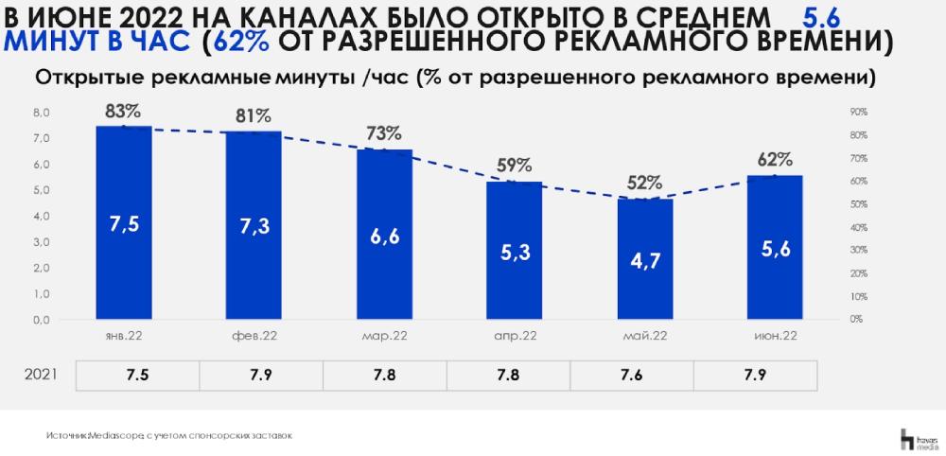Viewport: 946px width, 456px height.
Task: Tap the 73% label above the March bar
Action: coord(384,132)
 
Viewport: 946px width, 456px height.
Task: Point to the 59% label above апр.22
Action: coord(514,165)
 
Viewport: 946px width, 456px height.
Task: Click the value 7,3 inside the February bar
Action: coord(254,224)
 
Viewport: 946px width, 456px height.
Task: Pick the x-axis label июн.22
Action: coord(774,336)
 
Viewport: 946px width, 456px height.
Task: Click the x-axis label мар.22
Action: coord(384,336)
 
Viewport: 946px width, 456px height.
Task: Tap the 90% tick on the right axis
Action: coord(858,112)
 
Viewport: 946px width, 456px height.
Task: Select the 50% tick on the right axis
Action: coord(858,204)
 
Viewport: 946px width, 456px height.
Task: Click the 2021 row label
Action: coord(40,375)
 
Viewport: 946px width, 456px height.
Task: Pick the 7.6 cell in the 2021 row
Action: coord(631,375)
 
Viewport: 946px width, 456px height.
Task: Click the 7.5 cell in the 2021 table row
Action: coord(137,375)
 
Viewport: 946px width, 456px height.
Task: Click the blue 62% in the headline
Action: coord(247,43)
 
